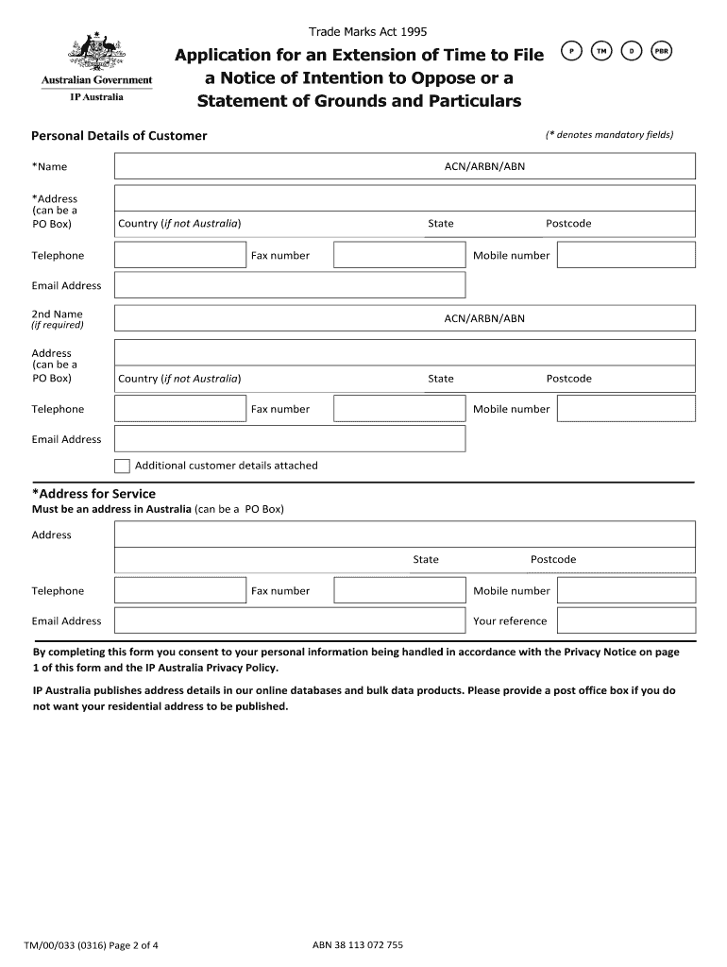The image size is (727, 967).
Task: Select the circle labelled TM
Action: [x=600, y=51]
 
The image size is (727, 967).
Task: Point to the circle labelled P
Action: [x=570, y=51]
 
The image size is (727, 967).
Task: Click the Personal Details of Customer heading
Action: [x=119, y=136]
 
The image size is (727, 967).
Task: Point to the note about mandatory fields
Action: [x=609, y=135]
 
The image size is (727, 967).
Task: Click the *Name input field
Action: [x=274, y=166]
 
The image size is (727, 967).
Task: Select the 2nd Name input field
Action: [x=274, y=318]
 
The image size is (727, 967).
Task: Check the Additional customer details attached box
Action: [x=122, y=466]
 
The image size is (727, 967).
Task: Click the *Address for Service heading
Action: [x=93, y=494]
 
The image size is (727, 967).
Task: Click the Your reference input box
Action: [x=625, y=620]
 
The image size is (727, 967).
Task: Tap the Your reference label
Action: [x=510, y=621]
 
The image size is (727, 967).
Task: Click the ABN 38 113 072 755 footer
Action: [x=357, y=944]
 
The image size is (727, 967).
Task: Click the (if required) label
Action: [x=58, y=325]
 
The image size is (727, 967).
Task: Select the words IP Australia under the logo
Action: [x=97, y=96]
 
